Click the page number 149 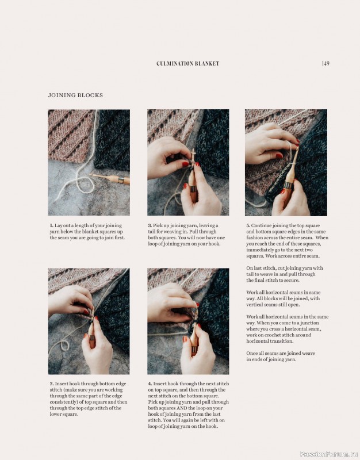coord(325,63)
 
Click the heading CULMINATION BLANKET coord(188,64)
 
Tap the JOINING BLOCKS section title coord(75,95)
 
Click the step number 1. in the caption coord(51,226)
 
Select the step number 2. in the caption coord(51,384)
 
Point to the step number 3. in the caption coord(150,226)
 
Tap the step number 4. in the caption coord(150,384)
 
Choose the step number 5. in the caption coord(248,226)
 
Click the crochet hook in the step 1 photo coord(112,179)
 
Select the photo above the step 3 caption coord(188,163)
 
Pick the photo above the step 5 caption coord(286,163)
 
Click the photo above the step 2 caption coord(89,321)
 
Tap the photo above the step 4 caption coord(188,321)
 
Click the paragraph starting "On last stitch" coord(285,274)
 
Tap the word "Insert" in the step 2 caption coord(63,384)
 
